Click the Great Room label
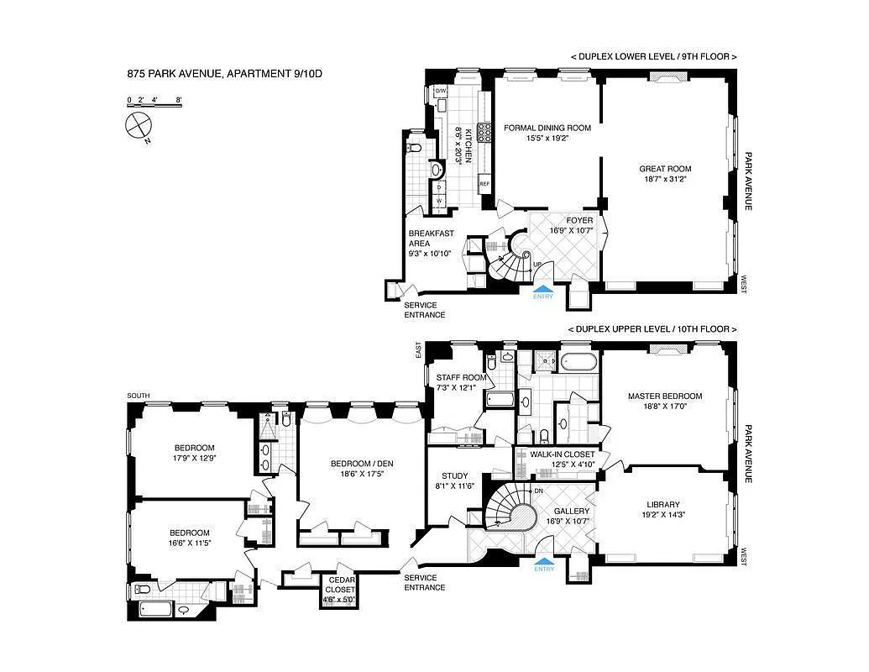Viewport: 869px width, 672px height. [667, 169]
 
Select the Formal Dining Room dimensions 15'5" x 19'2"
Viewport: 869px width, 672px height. [547, 139]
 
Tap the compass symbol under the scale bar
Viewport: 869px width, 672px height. [139, 126]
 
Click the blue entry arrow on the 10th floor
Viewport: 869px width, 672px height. [544, 562]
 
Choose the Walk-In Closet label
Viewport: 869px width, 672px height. [562, 454]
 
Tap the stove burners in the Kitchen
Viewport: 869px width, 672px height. [484, 133]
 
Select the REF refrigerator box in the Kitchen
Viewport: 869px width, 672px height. [484, 184]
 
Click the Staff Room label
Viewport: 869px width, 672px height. [455, 377]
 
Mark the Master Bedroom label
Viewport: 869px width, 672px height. [665, 396]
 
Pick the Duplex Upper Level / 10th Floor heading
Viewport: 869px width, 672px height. [652, 329]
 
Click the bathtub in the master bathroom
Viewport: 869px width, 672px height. [578, 363]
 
